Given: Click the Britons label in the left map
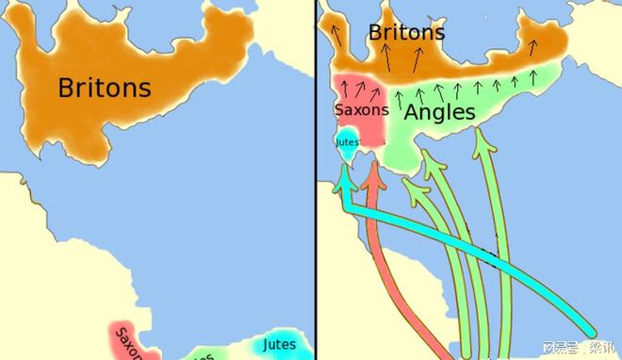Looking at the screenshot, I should [x=104, y=88].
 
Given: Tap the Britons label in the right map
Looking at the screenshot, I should [x=406, y=32].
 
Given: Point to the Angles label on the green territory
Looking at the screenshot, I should [x=439, y=112].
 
